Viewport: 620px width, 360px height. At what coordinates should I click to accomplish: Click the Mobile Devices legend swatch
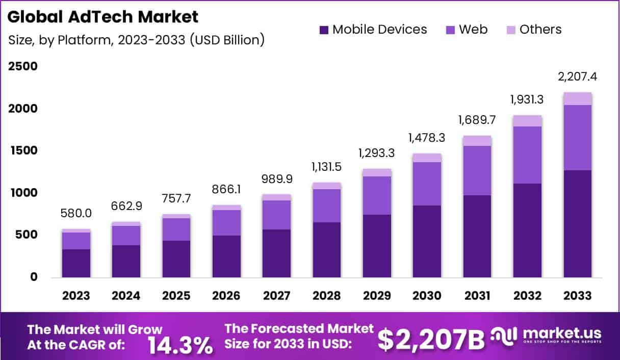click(324, 30)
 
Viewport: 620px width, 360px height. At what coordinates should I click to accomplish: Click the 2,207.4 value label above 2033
click(578, 77)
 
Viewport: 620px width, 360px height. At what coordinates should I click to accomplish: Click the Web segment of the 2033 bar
click(578, 138)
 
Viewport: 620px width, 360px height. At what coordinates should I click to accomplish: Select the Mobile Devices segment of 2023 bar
click(76, 263)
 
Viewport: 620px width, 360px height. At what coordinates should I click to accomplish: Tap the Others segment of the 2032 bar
click(528, 120)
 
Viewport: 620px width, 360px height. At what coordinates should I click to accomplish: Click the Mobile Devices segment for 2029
click(377, 246)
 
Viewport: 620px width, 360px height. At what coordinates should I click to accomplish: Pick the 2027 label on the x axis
click(277, 296)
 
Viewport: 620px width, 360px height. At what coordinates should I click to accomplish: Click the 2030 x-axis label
click(427, 296)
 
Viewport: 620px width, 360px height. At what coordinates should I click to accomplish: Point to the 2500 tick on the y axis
click(22, 67)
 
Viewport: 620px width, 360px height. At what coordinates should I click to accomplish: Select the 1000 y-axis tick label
click(22, 193)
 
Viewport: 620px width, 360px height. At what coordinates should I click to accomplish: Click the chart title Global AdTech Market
click(102, 17)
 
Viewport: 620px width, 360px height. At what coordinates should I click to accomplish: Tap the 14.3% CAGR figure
click(180, 345)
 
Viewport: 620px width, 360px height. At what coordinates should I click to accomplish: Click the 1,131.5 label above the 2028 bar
click(327, 167)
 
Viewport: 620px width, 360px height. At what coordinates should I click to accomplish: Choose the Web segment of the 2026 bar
click(226, 223)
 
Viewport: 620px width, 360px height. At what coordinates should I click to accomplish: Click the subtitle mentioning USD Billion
click(136, 40)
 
